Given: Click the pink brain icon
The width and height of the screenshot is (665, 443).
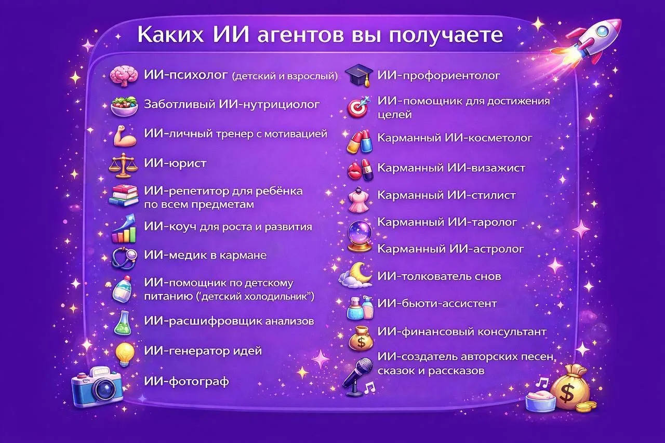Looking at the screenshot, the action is pyautogui.click(x=124, y=76).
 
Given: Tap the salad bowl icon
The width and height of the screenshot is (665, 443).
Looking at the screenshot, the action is pyautogui.click(x=124, y=106).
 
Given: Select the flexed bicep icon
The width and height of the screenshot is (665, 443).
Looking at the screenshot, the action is pyautogui.click(x=125, y=136).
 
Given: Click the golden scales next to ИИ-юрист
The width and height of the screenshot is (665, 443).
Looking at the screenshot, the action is pyautogui.click(x=124, y=165).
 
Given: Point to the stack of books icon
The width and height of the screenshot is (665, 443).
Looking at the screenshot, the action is pyautogui.click(x=124, y=195).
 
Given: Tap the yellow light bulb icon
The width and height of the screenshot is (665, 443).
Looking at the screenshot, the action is pyautogui.click(x=125, y=354).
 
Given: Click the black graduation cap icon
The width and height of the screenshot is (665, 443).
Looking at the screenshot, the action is pyautogui.click(x=359, y=75).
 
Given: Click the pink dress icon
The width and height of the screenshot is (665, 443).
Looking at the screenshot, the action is pyautogui.click(x=359, y=199).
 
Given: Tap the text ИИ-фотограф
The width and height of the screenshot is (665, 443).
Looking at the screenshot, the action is pyautogui.click(x=187, y=382).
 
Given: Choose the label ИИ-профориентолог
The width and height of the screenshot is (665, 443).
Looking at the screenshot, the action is pyautogui.click(x=438, y=76).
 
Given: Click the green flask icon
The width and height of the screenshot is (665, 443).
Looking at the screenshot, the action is pyautogui.click(x=123, y=324).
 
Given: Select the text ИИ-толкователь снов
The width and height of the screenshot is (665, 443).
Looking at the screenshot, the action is pyautogui.click(x=440, y=276).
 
